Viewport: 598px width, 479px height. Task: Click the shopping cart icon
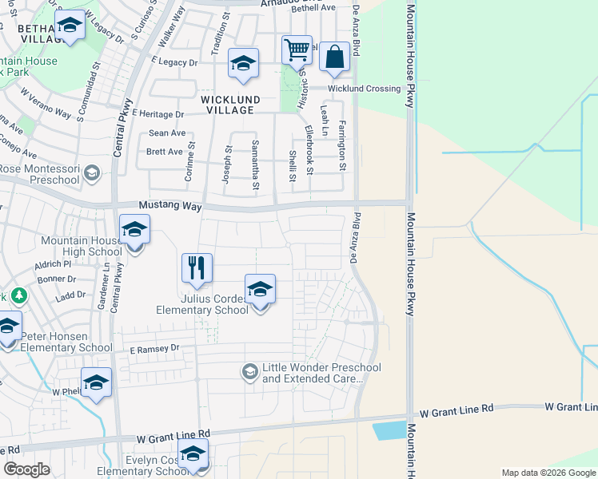(x=297, y=50)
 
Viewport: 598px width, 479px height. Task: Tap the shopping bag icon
(x=334, y=57)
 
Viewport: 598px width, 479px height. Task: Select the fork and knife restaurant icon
(x=197, y=268)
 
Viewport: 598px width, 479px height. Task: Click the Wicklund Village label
(x=230, y=105)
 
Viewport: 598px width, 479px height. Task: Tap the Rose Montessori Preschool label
(x=40, y=174)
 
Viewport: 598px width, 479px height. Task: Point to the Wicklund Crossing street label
(x=368, y=89)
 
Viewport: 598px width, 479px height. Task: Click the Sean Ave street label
(x=166, y=133)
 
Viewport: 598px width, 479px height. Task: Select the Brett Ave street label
(x=164, y=152)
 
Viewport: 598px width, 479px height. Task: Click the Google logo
(x=26, y=469)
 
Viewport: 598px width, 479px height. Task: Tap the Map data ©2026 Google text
(x=548, y=473)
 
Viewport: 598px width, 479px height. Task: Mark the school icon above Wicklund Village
(x=243, y=64)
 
